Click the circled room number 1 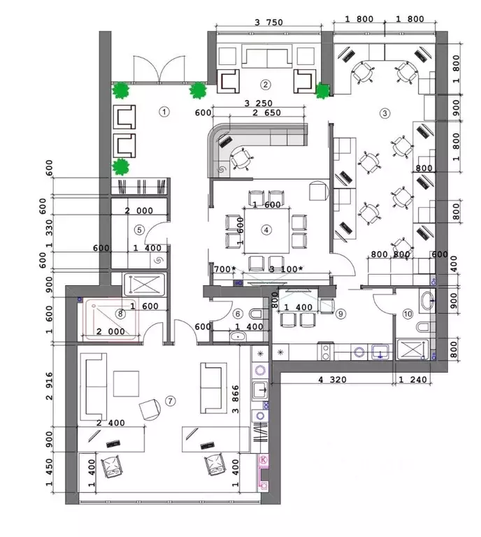[164, 112]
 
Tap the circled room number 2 [266, 85]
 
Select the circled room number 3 [385, 113]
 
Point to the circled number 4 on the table [266, 230]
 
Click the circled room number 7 [170, 401]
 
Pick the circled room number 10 [408, 314]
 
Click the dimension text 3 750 [268, 22]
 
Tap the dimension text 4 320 [332, 380]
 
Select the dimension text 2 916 [50, 386]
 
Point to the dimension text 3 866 [236, 399]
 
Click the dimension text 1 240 [413, 380]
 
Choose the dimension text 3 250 [259, 103]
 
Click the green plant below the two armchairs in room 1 [120, 167]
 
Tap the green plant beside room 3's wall [322, 90]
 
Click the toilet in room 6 [257, 314]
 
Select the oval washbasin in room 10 [426, 301]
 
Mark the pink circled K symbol [264, 459]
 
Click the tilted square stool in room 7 [150, 409]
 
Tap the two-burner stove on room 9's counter [326, 352]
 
